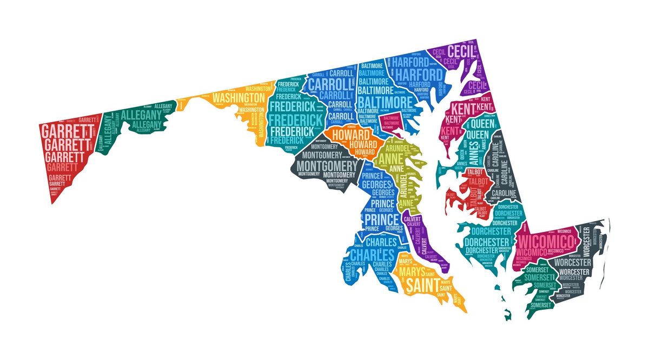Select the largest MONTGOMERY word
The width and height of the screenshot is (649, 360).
pos(328,165)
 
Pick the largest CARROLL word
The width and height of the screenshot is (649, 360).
pos(330,84)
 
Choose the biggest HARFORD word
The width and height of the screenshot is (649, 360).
pos(417,74)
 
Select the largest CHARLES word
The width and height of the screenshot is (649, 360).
pos(373,254)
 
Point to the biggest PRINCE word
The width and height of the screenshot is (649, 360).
pos(382,219)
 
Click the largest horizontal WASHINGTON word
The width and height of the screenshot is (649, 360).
pos(238,98)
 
